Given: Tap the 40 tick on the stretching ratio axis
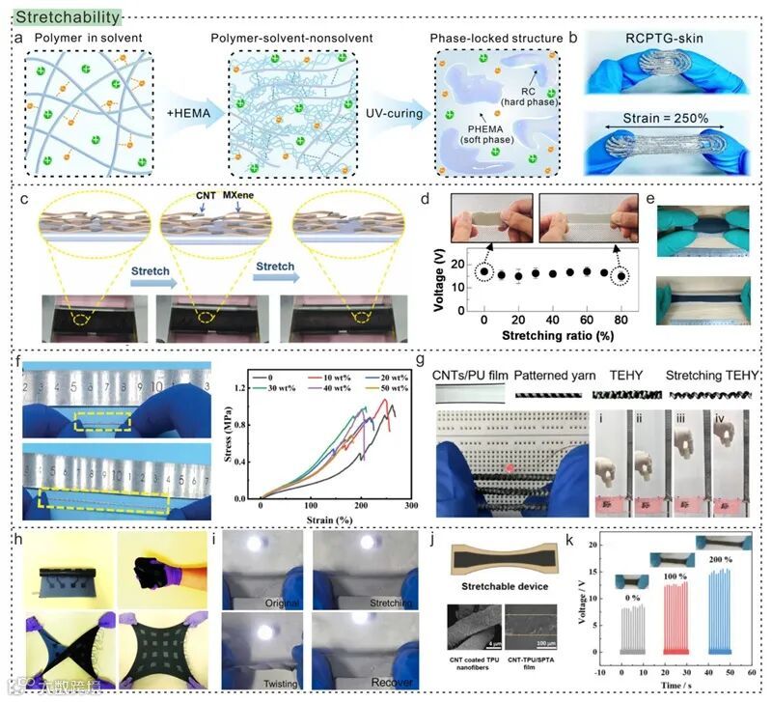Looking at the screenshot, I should (x=553, y=318).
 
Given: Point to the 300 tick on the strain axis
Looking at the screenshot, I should (x=412, y=506).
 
